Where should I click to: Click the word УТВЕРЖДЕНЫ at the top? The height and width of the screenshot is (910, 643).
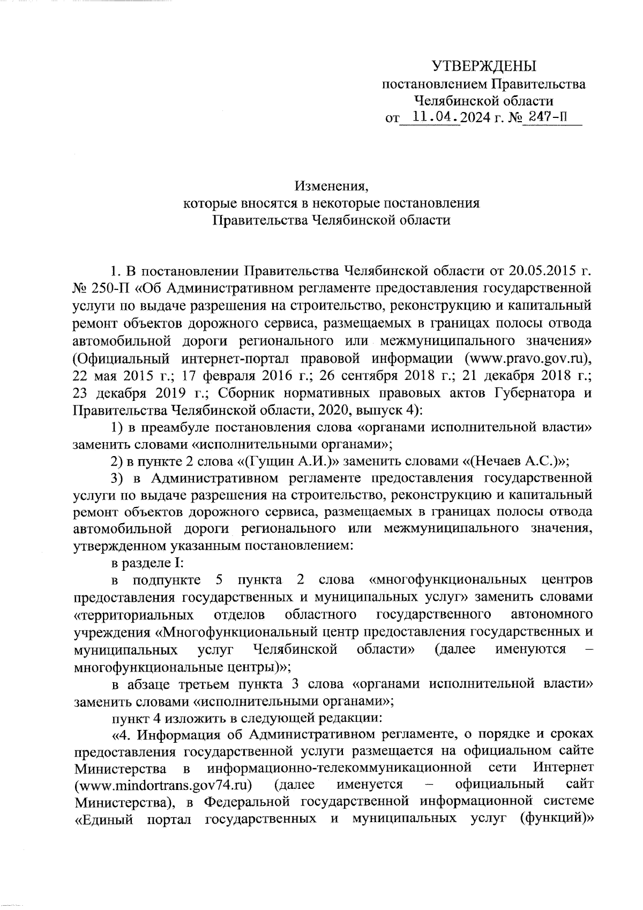(x=484, y=66)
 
